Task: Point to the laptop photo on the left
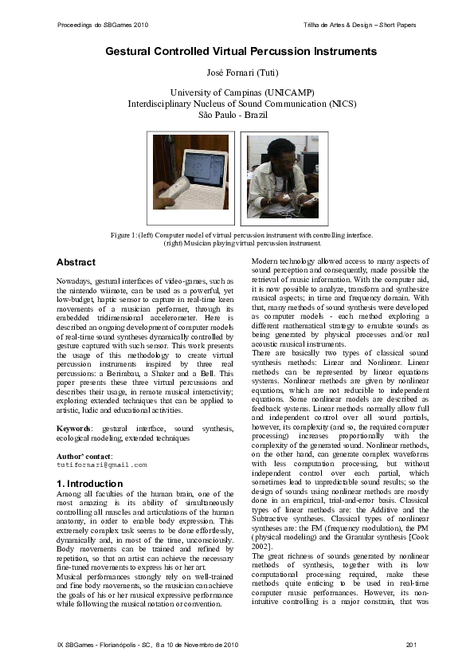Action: tap(190, 177)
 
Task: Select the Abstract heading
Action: tap(76, 262)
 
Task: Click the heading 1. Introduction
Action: tap(89, 484)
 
